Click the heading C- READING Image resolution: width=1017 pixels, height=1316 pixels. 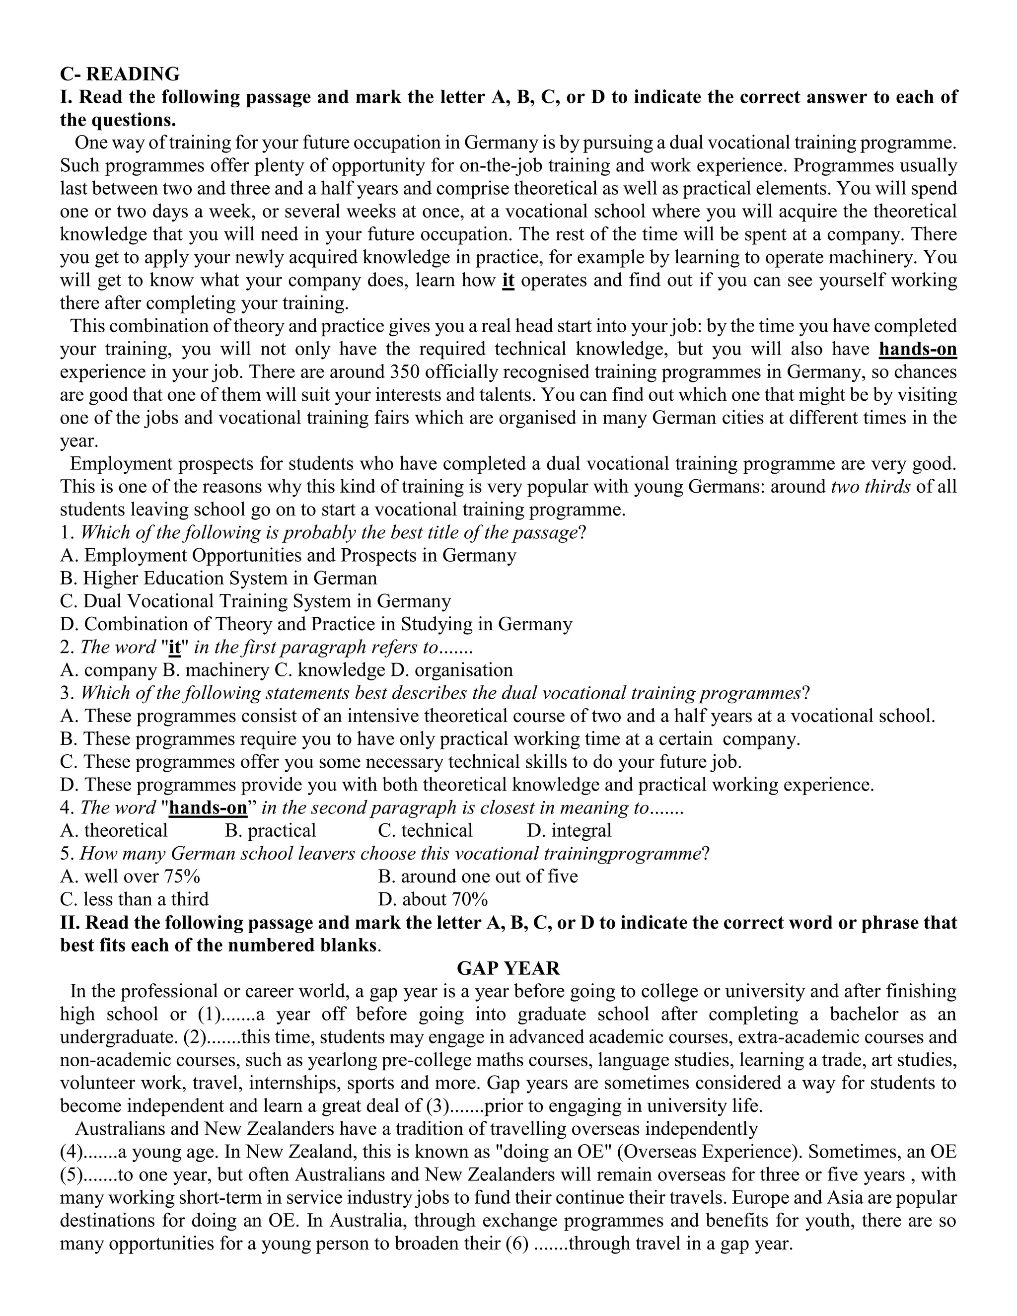[x=119, y=73]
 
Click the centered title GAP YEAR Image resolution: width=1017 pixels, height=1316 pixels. [x=508, y=968]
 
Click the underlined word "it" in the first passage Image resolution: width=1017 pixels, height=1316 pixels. [x=508, y=281]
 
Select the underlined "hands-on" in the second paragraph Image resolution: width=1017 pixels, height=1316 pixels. [x=918, y=350]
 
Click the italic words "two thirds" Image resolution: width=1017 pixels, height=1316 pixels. [x=870, y=487]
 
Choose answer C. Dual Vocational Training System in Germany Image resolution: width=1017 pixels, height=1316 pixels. [x=255, y=601]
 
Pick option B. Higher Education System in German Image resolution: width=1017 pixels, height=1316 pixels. [x=218, y=579]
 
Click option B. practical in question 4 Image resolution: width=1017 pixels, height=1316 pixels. [x=271, y=831]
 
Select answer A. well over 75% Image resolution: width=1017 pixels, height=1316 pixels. [x=130, y=877]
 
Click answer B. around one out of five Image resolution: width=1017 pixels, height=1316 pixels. [x=478, y=877]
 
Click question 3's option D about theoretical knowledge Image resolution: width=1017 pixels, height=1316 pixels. [x=467, y=785]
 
